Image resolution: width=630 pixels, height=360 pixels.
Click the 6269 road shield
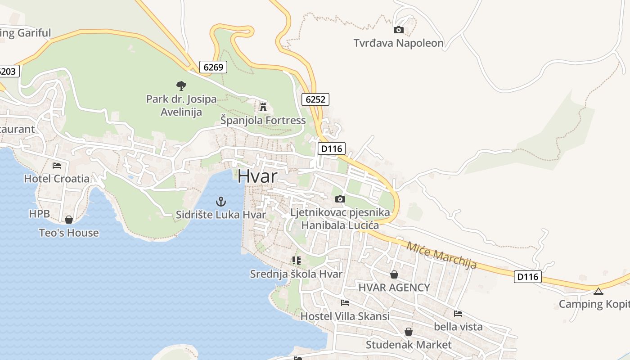pyautogui.click(x=213, y=67)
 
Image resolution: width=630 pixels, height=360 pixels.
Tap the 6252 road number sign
pyautogui.click(x=315, y=99)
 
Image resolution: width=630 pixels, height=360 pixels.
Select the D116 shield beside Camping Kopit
pyautogui.click(x=527, y=276)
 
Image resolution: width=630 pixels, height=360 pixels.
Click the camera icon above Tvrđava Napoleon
pyautogui.click(x=398, y=30)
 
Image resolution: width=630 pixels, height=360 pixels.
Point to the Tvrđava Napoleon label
pyautogui.click(x=398, y=43)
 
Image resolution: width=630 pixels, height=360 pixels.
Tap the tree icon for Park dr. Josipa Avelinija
pyautogui.click(x=181, y=85)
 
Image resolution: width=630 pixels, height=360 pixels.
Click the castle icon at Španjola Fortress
pyautogui.click(x=263, y=107)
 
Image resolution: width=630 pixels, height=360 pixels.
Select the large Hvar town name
pyautogui.click(x=258, y=176)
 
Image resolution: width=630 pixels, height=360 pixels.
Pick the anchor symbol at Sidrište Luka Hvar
pyautogui.click(x=220, y=201)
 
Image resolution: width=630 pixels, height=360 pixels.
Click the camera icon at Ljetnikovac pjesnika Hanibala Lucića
pyautogui.click(x=340, y=199)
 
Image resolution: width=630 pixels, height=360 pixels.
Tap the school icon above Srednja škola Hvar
pyautogui.click(x=296, y=261)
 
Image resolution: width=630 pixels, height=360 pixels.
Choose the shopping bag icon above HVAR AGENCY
pyautogui.click(x=394, y=274)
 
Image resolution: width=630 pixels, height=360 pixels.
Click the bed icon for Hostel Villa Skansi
pyautogui.click(x=345, y=303)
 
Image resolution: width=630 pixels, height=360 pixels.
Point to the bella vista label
pyautogui.click(x=458, y=327)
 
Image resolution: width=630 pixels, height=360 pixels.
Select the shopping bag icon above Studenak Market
pyautogui.click(x=409, y=332)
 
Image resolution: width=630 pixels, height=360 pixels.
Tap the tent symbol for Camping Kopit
pyautogui.click(x=598, y=291)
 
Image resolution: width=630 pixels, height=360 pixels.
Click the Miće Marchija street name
pyautogui.click(x=441, y=255)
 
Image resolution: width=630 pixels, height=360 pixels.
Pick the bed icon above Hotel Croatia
pyautogui.click(x=57, y=166)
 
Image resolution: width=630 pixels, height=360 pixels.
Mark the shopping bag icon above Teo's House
pyautogui.click(x=69, y=220)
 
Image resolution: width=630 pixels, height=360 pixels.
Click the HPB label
pyautogui.click(x=40, y=214)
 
